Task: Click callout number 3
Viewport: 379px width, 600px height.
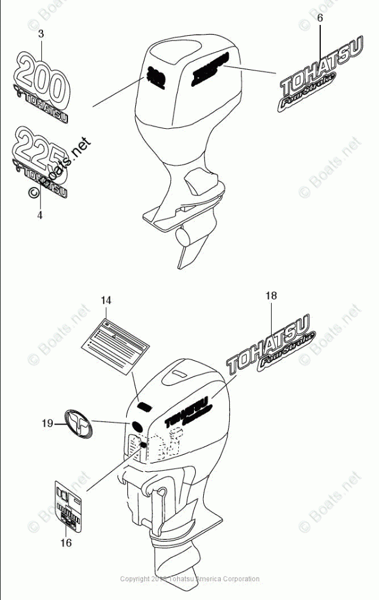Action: coord(41,34)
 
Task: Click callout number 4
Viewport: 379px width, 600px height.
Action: coord(39,215)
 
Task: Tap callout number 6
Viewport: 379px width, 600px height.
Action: coord(320,18)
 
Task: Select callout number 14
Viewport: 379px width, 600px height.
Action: coord(106,300)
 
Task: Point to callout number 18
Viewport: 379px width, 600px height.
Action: coord(270,296)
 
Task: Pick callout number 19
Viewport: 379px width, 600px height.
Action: coord(48,424)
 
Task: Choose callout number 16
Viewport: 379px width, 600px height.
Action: coord(66,542)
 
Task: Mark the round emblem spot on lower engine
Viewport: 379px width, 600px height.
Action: coord(136,426)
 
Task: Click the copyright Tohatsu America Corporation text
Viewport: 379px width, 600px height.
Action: coord(190,579)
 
